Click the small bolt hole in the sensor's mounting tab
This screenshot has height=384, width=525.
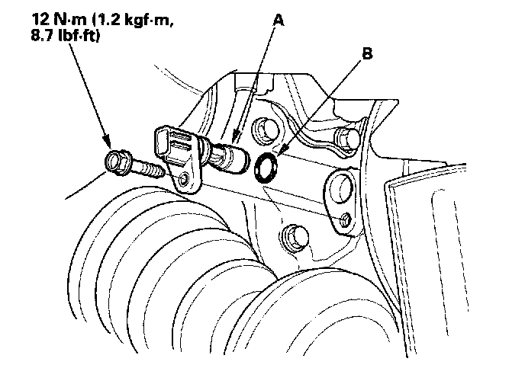tap(184, 180)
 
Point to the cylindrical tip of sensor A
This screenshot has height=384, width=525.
tap(234, 158)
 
